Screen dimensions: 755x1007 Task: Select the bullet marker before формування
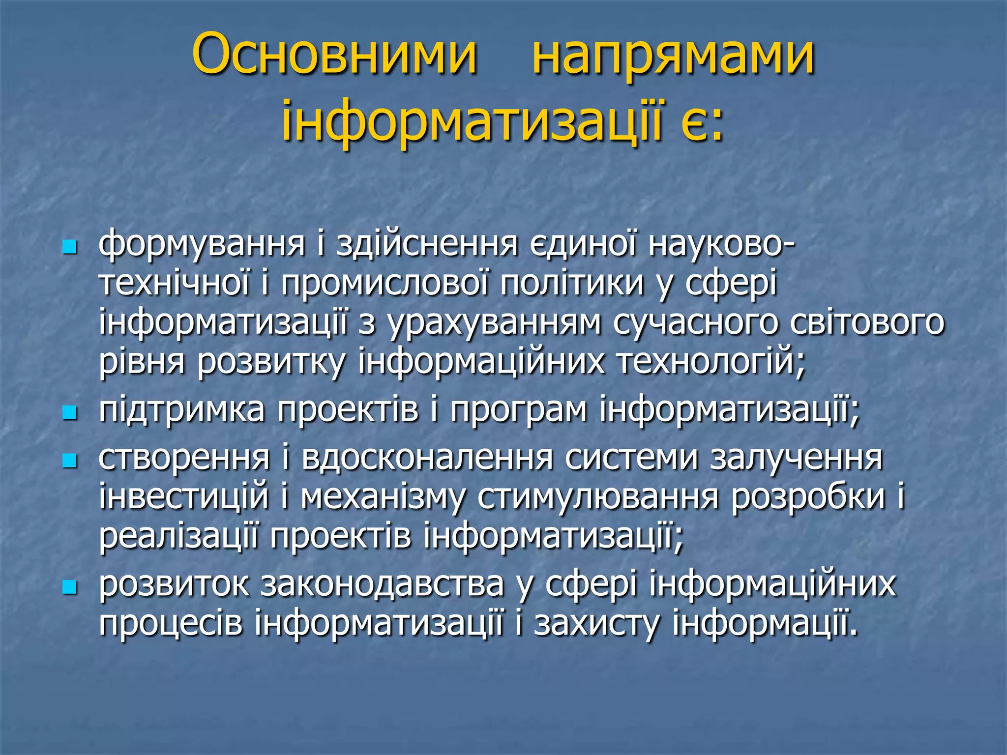pyautogui.click(x=70, y=247)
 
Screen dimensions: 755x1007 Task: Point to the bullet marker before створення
pyautogui.click(x=70, y=461)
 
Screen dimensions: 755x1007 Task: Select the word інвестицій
pyautogui.click(x=184, y=497)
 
